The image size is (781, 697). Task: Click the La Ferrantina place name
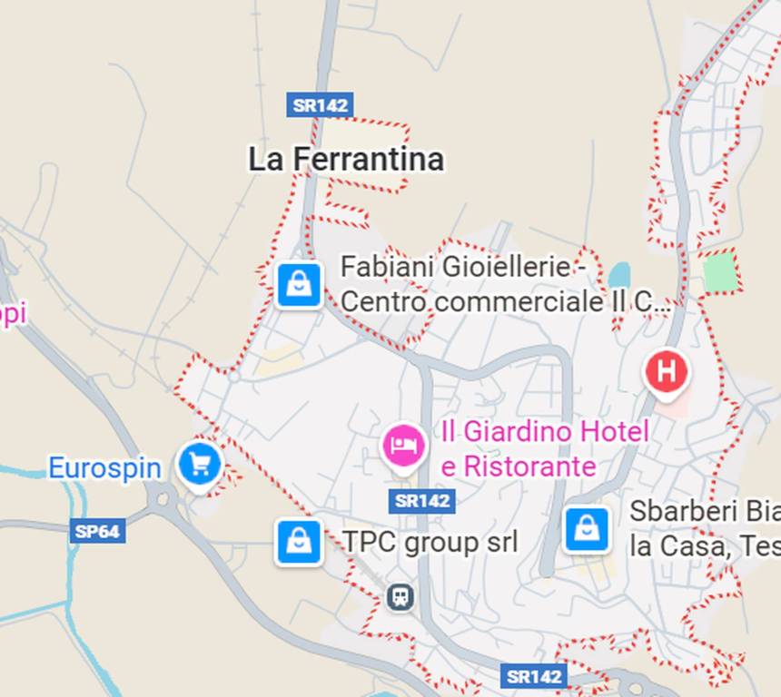(x=346, y=160)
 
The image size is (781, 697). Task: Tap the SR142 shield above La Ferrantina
(x=320, y=104)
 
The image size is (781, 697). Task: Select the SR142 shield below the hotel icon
(x=421, y=500)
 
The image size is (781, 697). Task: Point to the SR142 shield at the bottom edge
(x=533, y=676)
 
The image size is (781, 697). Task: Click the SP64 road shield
(x=97, y=531)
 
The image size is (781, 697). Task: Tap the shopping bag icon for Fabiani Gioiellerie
(x=299, y=285)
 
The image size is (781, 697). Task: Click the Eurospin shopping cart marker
(x=200, y=464)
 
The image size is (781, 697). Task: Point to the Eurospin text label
(x=104, y=468)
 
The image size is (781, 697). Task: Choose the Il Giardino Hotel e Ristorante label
(x=545, y=448)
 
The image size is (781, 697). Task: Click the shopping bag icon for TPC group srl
(x=299, y=543)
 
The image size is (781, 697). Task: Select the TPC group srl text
(x=430, y=543)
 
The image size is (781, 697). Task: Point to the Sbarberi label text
(x=704, y=528)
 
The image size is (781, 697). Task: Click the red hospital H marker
(x=667, y=372)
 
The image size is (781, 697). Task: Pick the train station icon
(x=400, y=596)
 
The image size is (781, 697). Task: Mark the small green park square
(x=721, y=271)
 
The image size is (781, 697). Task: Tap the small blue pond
(x=619, y=274)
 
